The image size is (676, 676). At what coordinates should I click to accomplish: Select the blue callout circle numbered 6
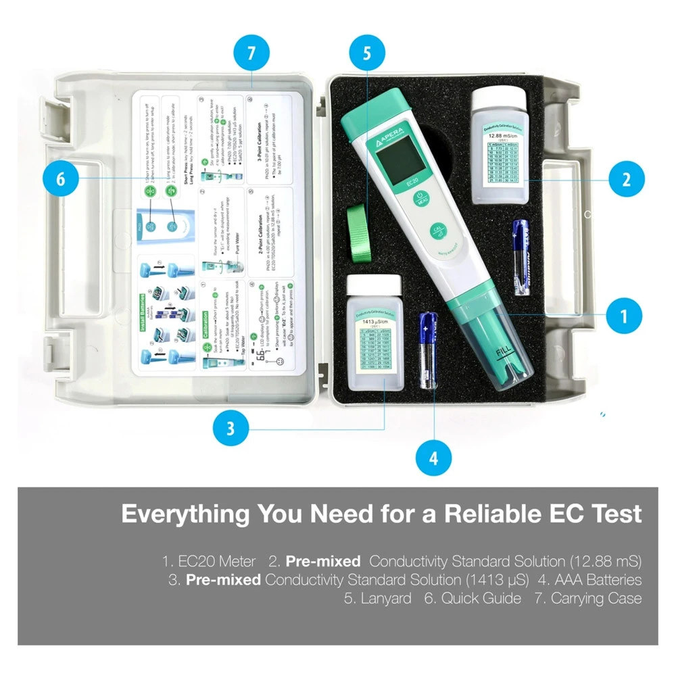61,178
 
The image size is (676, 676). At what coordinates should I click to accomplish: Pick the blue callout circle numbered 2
626,180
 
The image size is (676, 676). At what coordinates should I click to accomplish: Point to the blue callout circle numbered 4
433,459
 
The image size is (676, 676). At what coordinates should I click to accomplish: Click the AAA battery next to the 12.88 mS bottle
521,256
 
